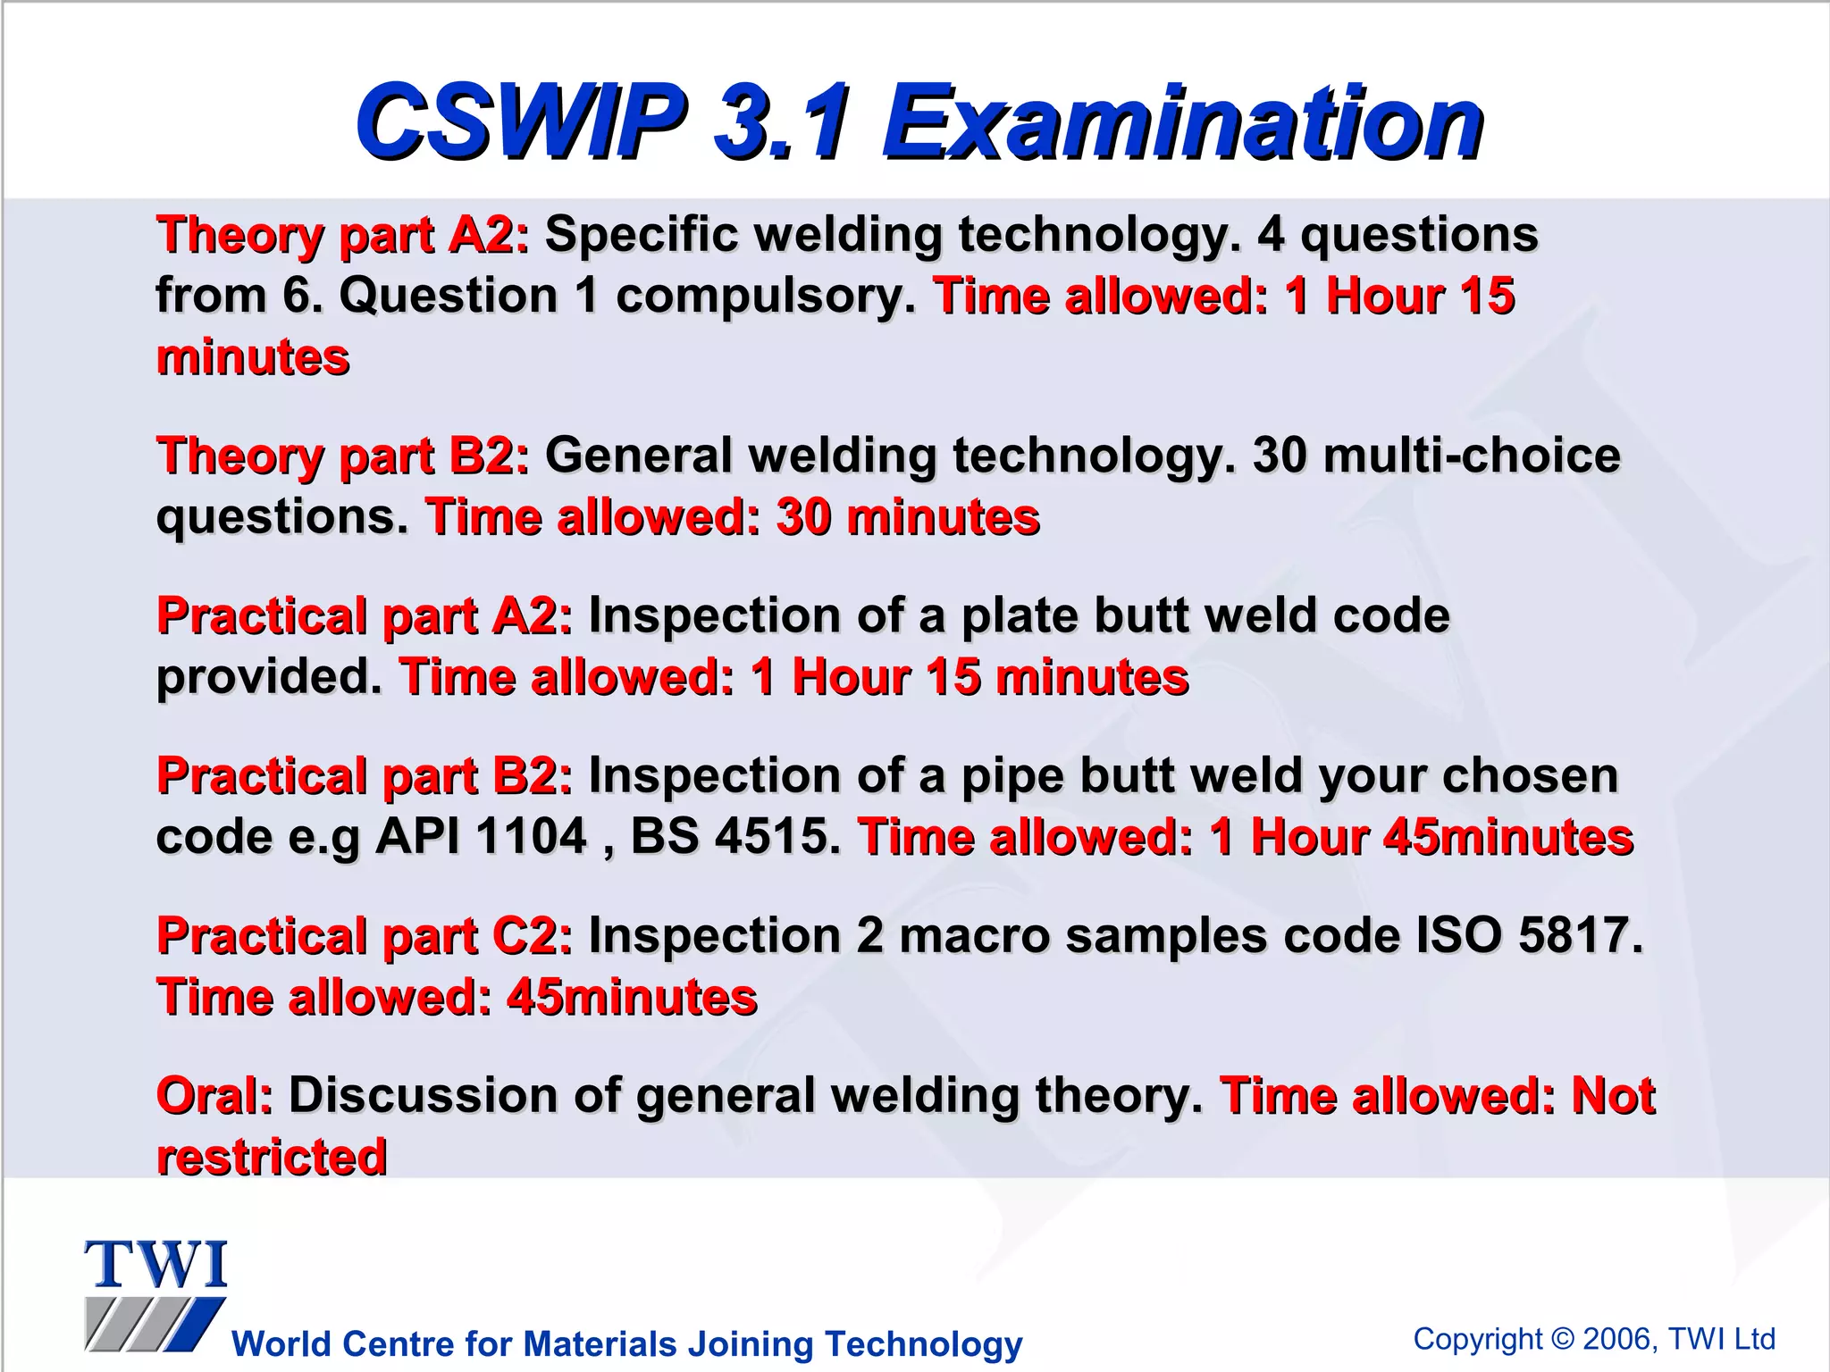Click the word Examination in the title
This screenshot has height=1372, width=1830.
1182,122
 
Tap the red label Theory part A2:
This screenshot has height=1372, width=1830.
343,236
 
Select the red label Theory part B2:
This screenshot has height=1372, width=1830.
343,456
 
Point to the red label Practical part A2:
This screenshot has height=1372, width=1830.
365,616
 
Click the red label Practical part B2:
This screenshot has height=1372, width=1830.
365,776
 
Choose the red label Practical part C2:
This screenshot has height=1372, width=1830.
365,936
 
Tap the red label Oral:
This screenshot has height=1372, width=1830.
214,1096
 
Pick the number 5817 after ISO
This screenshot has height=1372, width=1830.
1580,936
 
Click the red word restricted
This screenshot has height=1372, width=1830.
272,1158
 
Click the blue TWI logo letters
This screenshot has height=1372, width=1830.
156,1265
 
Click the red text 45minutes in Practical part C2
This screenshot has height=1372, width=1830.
632,998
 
